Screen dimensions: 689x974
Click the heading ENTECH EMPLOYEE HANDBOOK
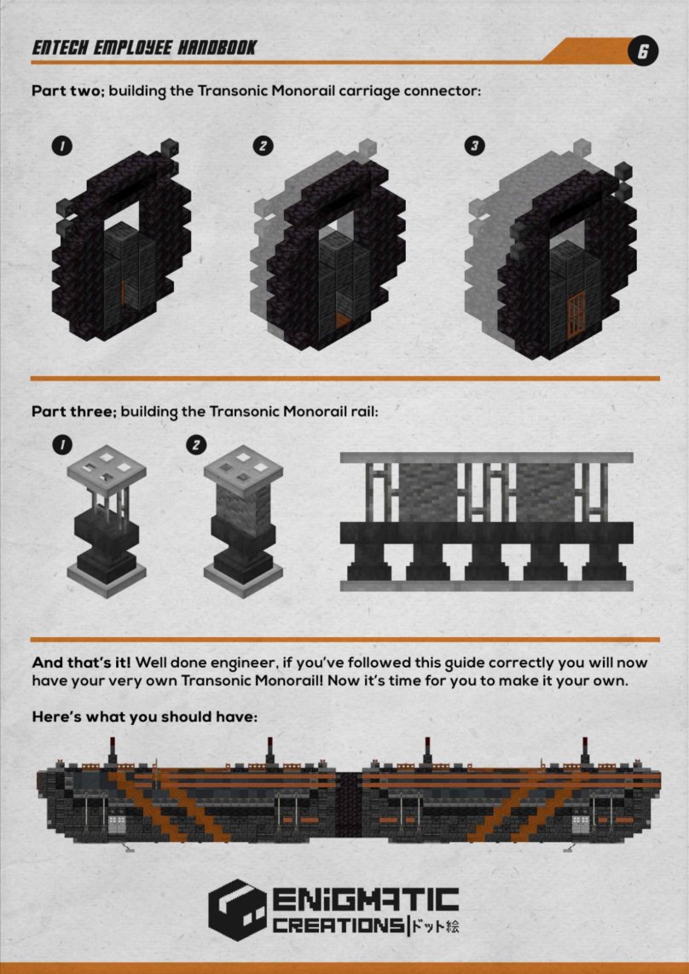(x=143, y=48)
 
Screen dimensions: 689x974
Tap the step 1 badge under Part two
(x=62, y=147)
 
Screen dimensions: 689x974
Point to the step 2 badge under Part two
(x=263, y=147)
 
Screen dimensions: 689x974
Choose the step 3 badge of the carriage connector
(x=475, y=147)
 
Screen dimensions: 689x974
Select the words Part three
(x=74, y=412)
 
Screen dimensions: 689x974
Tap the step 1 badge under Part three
(x=62, y=444)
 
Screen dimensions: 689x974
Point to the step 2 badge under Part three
(x=196, y=444)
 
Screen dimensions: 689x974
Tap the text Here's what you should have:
(x=144, y=716)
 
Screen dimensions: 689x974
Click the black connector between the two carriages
(x=349, y=808)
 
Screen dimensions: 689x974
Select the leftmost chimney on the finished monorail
(x=113, y=751)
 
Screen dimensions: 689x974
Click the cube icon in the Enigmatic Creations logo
(x=237, y=909)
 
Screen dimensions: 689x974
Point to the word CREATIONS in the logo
(x=338, y=925)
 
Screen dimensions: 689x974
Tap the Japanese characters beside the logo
(x=436, y=926)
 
